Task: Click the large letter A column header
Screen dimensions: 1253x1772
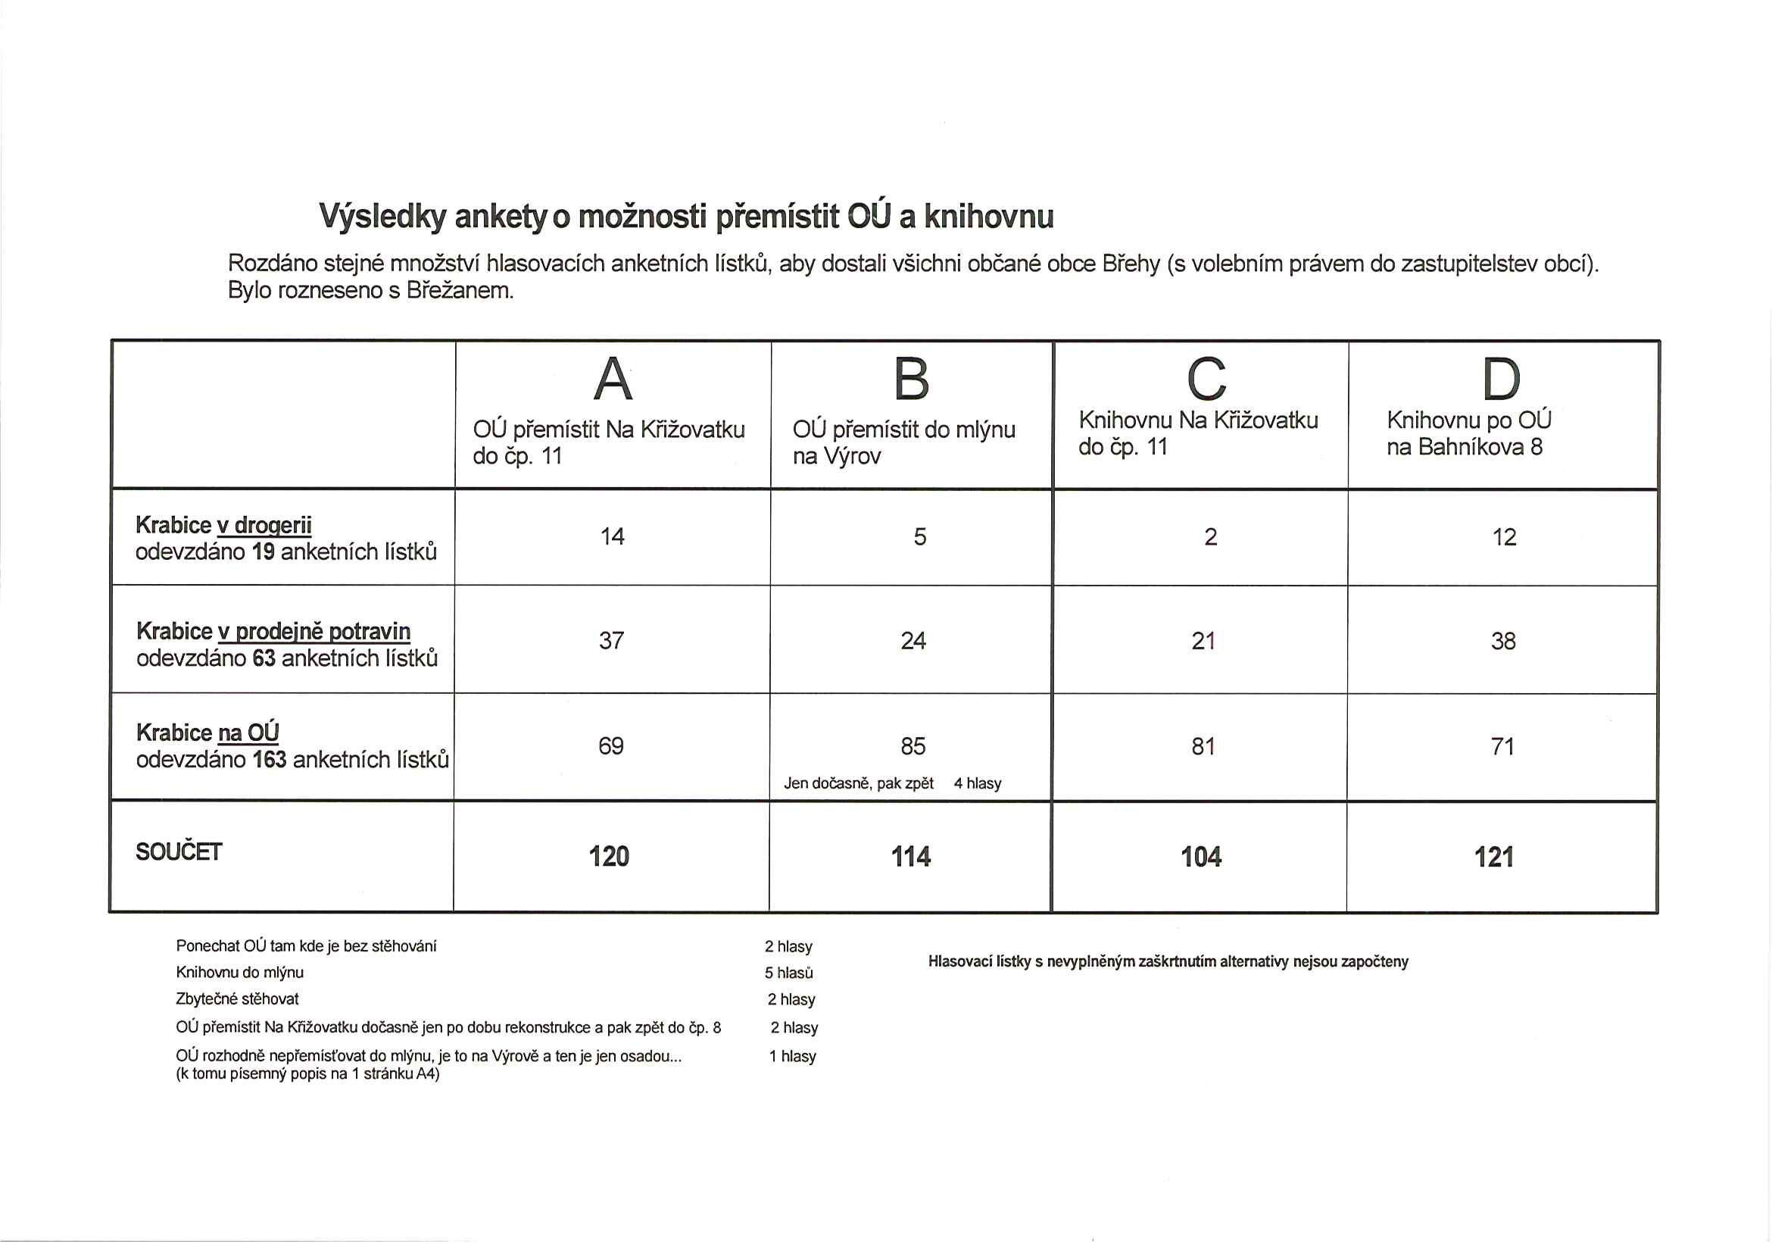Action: coord(613,379)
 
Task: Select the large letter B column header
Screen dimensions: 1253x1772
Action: coord(912,379)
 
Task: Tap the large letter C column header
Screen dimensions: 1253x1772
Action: coord(1206,379)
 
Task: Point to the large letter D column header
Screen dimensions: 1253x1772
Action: coord(1501,379)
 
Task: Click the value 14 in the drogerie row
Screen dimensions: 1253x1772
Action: coord(612,536)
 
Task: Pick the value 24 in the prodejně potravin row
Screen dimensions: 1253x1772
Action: coord(913,641)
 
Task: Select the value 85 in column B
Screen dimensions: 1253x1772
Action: coord(913,745)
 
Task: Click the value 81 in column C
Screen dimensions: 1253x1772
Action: coord(1203,745)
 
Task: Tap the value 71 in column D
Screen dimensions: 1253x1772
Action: coord(1502,745)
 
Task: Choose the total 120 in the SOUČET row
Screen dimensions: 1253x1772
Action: coord(609,856)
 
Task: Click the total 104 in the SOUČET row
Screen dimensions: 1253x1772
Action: coord(1201,857)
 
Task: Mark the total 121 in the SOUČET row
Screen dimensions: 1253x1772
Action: coord(1493,857)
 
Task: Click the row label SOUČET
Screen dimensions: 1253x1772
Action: coord(179,851)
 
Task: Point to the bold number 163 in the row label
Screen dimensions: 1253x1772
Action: coord(270,760)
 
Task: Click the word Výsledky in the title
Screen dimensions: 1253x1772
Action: coord(383,217)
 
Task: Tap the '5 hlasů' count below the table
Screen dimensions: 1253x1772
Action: coord(789,973)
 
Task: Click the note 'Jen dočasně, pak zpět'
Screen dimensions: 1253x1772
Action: coord(858,783)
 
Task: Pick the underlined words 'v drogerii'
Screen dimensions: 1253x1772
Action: coord(264,526)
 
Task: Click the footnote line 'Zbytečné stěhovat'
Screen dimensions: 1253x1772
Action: coord(237,999)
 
